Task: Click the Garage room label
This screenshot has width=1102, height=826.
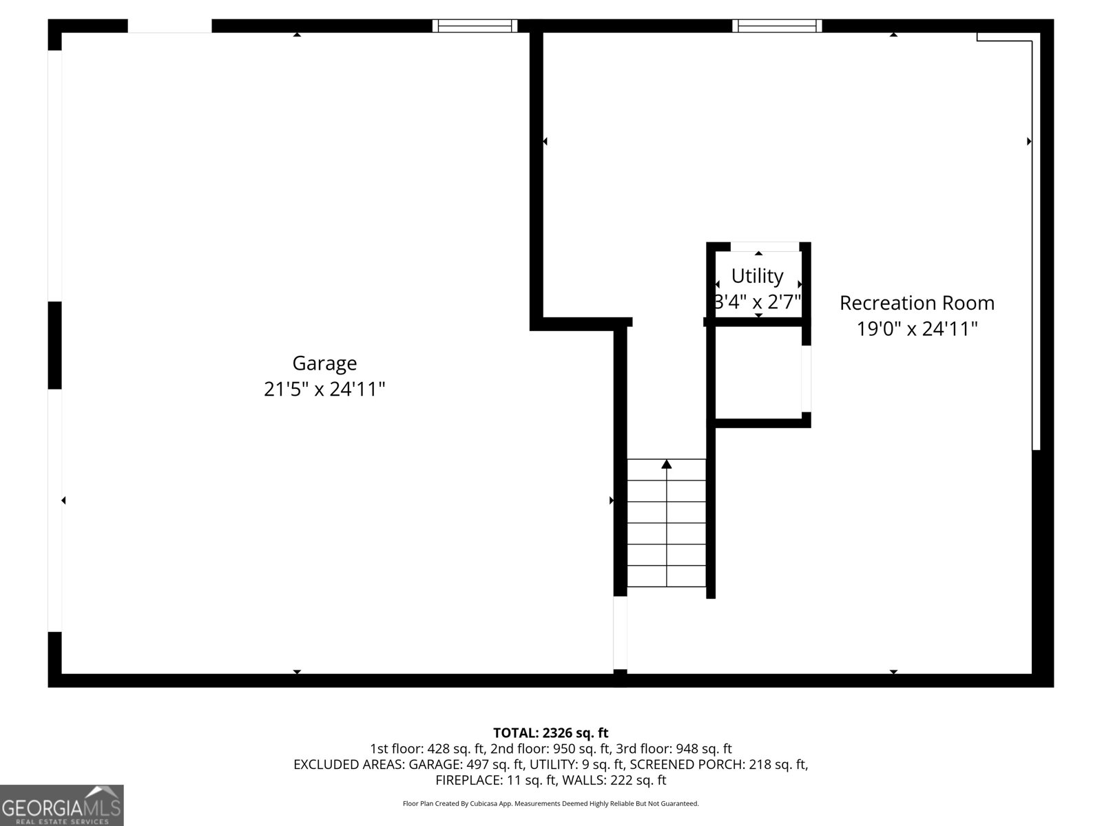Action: (324, 363)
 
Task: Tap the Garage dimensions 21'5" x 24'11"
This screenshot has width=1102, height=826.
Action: (324, 390)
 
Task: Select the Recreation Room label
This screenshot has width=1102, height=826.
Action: (917, 303)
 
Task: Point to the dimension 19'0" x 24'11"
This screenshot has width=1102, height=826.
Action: (917, 329)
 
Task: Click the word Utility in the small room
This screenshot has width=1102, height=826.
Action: (757, 276)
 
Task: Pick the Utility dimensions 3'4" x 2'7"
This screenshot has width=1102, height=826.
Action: (758, 302)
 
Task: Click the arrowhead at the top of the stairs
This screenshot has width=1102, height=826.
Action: (667, 465)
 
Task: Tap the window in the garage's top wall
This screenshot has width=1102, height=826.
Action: (475, 26)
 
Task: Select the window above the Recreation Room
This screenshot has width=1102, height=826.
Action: (777, 26)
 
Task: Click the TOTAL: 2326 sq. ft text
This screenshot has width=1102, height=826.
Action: (550, 733)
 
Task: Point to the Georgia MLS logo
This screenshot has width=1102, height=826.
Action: (62, 805)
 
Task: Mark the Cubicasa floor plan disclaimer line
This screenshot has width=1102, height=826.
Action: (550, 803)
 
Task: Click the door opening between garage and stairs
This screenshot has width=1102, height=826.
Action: (620, 632)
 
